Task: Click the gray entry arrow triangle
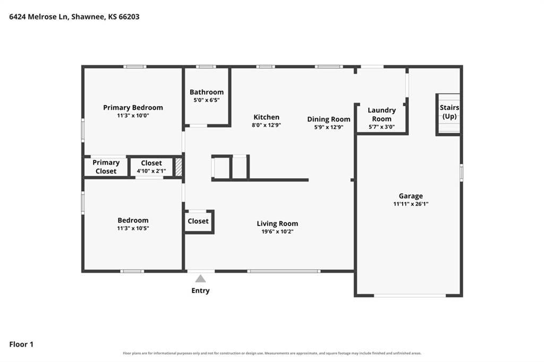(x=200, y=279)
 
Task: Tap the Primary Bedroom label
(x=133, y=108)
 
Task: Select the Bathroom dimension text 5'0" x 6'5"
(x=207, y=100)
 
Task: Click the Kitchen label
(x=267, y=117)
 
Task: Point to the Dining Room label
(x=328, y=119)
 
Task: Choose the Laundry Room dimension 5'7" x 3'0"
(x=381, y=127)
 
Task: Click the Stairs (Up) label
(x=449, y=111)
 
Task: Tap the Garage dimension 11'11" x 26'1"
(x=411, y=204)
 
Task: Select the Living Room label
(x=277, y=223)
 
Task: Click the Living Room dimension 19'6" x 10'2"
(x=277, y=231)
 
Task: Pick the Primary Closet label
(x=106, y=167)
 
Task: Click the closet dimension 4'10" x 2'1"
(x=151, y=171)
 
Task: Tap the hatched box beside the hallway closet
(x=178, y=167)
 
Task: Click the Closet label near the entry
(x=198, y=221)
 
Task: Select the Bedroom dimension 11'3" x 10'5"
(x=133, y=228)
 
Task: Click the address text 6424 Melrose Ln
(x=38, y=16)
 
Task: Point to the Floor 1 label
(x=21, y=344)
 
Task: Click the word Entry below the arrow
(x=200, y=290)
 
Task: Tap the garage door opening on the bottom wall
(x=410, y=296)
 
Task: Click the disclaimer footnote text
(x=272, y=354)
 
